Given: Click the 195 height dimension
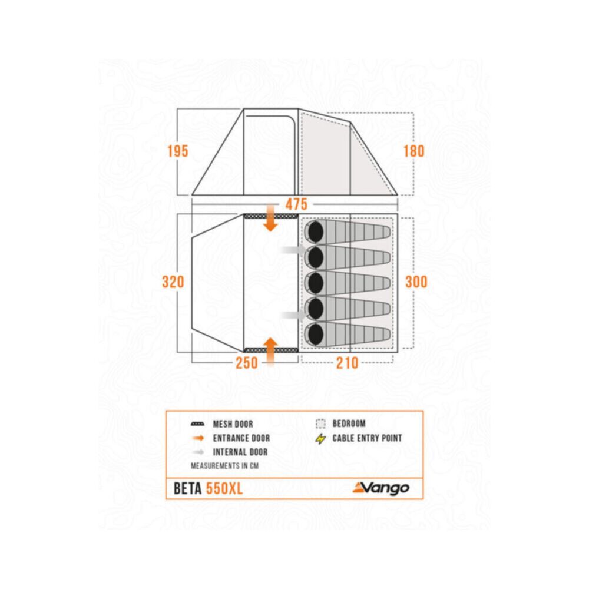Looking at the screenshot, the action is click(x=178, y=151).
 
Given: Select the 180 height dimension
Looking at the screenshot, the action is click(x=414, y=151).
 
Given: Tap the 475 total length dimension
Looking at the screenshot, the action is click(x=296, y=204).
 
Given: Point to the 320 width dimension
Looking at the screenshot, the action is click(x=173, y=282).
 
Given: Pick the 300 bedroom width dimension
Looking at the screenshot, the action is click(x=416, y=282).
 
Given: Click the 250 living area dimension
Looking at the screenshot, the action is click(x=247, y=363).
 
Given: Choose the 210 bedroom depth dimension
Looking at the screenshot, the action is click(x=347, y=363).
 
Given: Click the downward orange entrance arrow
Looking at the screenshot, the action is click(x=270, y=219).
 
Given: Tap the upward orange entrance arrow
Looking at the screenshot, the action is click(x=270, y=351).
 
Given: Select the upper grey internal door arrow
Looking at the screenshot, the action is click(x=294, y=249).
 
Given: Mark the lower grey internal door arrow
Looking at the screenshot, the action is click(x=294, y=315).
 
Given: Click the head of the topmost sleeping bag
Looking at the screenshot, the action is click(x=316, y=231).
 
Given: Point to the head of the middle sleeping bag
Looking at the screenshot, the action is click(x=316, y=283).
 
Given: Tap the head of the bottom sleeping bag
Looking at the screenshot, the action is click(x=316, y=333).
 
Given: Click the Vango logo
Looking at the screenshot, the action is click(x=381, y=488).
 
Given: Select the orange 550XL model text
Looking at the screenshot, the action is click(x=224, y=489).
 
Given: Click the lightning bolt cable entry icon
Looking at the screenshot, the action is click(x=320, y=438).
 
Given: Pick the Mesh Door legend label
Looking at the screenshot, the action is click(x=233, y=424).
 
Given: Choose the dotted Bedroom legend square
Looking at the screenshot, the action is click(x=320, y=423).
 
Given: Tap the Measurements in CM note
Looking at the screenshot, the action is click(x=224, y=466).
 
